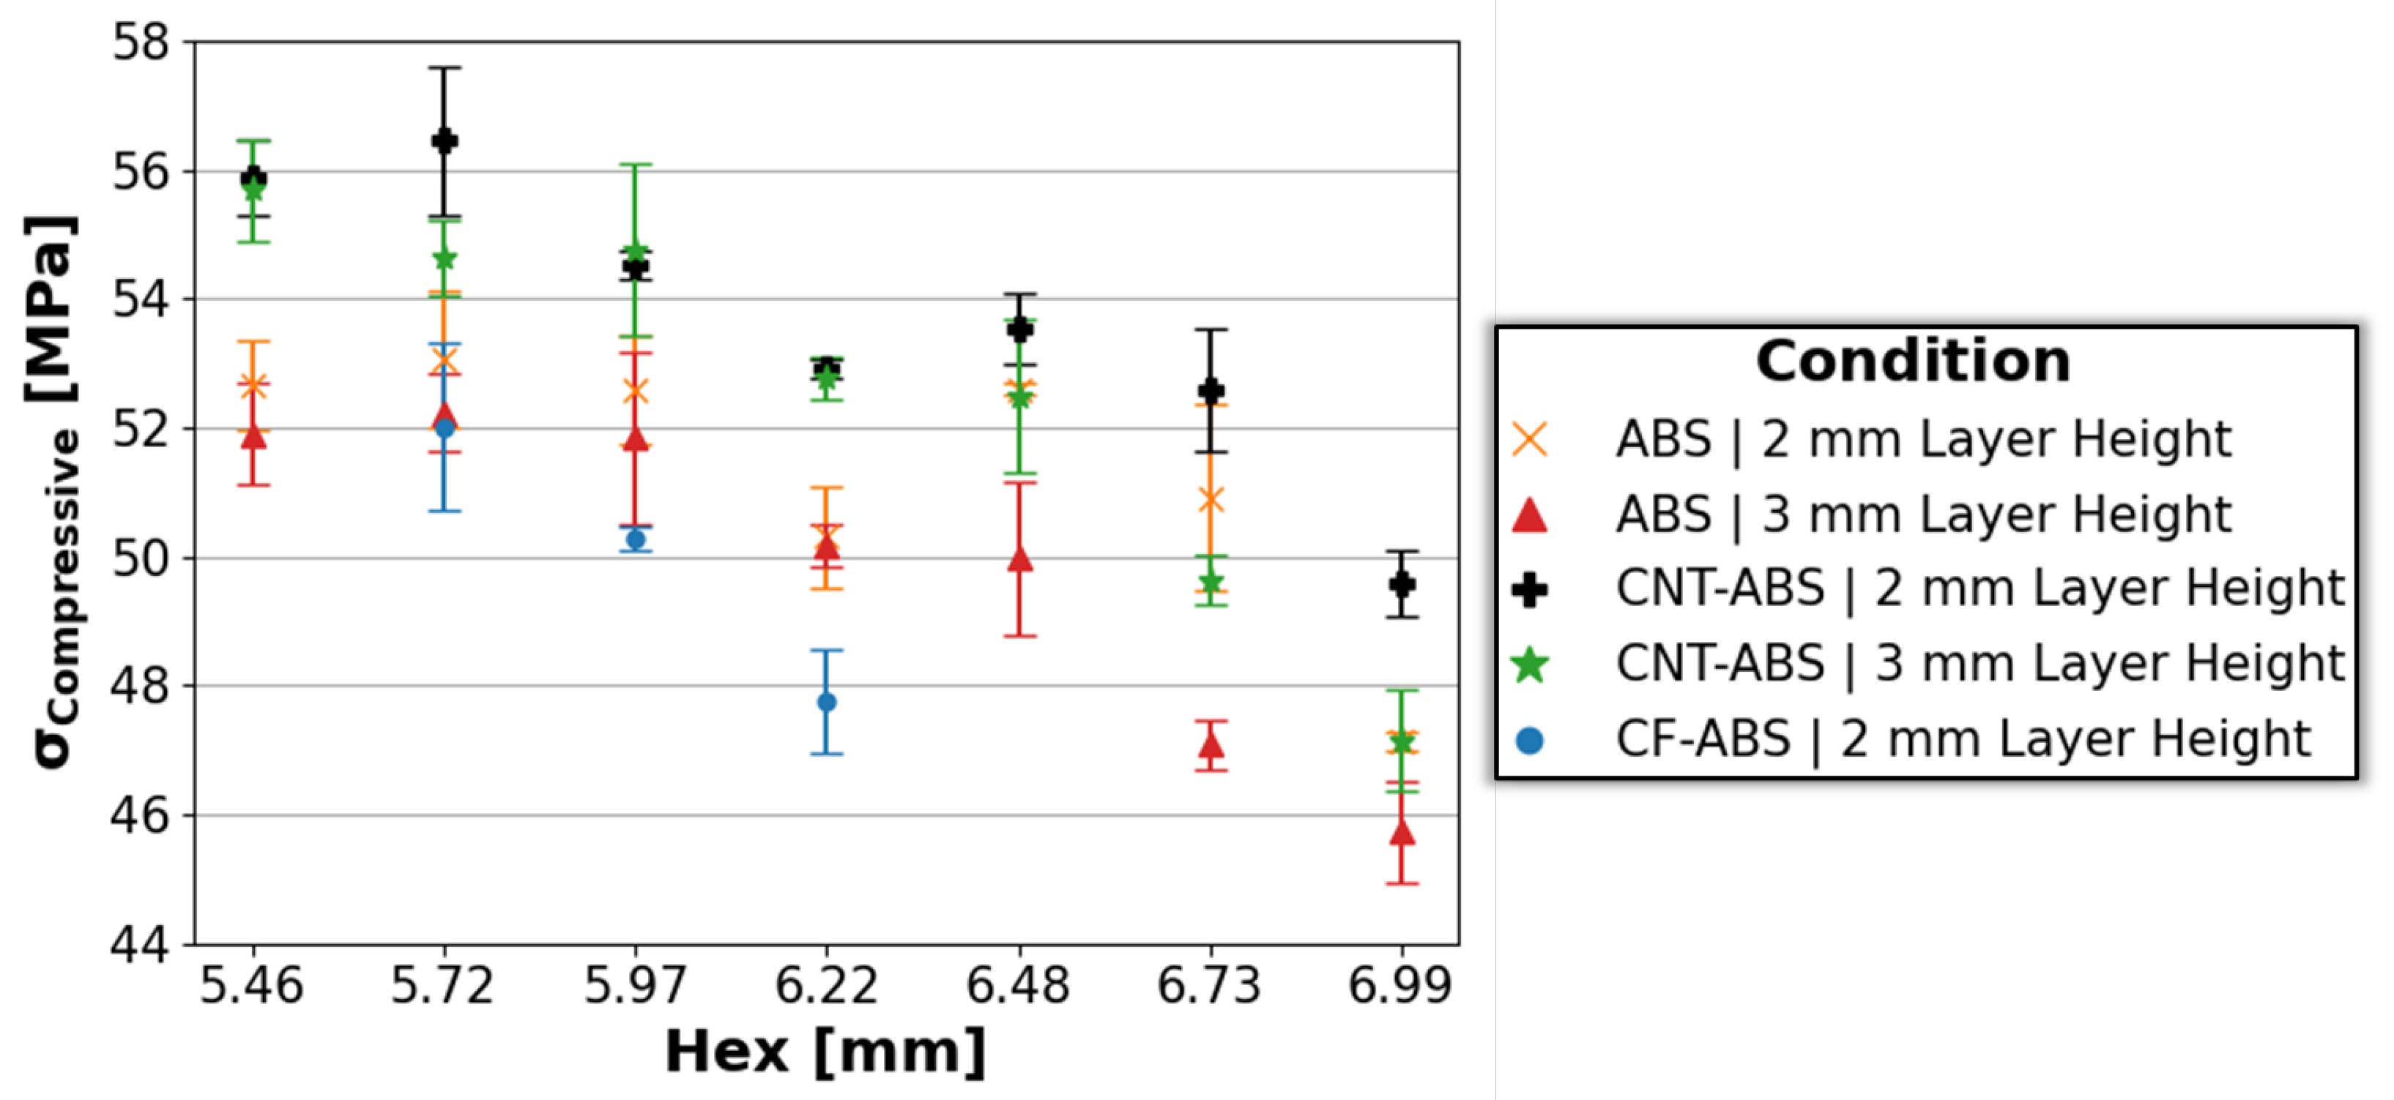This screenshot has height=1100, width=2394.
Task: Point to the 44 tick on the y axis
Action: [141, 945]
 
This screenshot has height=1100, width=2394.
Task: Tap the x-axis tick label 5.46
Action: [252, 986]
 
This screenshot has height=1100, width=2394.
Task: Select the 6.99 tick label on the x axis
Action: [1399, 986]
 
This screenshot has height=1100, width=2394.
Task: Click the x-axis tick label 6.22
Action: [826, 986]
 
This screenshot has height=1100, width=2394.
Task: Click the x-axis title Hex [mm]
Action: [825, 1052]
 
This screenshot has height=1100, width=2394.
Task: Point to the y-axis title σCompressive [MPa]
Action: [53, 493]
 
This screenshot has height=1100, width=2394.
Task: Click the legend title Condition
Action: [1913, 361]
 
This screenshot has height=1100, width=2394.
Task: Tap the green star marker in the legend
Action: [1530, 665]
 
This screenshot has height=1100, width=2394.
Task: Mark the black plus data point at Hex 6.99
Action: [1402, 584]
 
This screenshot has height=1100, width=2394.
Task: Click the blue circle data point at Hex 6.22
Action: [826, 701]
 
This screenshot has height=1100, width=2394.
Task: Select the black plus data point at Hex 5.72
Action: [445, 141]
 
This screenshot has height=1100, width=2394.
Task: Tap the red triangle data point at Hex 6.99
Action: [1402, 832]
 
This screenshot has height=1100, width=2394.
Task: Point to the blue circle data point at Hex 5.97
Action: [636, 539]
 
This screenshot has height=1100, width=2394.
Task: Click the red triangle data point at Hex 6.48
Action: [1019, 558]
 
